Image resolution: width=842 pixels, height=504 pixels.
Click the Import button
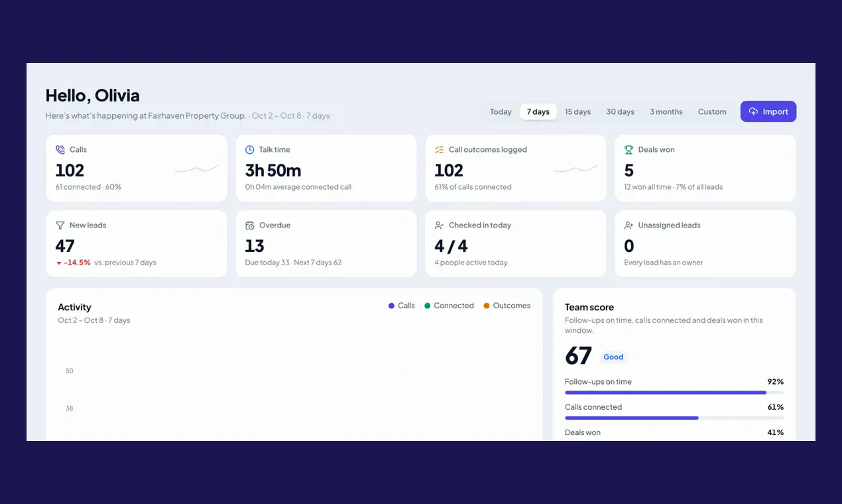tap(768, 111)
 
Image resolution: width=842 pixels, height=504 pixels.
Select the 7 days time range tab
tap(538, 111)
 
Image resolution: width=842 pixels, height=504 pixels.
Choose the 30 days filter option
tap(620, 111)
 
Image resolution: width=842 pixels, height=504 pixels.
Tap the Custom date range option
tap(712, 111)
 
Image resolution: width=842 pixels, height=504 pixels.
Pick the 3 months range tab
tap(666, 111)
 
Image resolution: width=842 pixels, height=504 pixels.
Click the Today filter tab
tap(501, 111)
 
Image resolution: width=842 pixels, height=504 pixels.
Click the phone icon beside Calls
tap(60, 150)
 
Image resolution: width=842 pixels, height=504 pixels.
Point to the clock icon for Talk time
tap(249, 150)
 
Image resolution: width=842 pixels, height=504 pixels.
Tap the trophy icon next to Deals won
tap(629, 150)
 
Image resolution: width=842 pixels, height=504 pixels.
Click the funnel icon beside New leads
tap(60, 225)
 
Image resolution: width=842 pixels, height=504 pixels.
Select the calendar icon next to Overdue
tap(249, 225)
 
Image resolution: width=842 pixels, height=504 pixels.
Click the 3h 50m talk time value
tap(273, 170)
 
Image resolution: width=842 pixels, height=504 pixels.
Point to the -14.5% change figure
tap(77, 263)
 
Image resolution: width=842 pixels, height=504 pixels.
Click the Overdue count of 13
tap(255, 246)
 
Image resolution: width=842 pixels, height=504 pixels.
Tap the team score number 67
tap(578, 356)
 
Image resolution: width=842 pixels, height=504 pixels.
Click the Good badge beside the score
tap(613, 357)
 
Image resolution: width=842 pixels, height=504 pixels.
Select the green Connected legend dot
tap(427, 306)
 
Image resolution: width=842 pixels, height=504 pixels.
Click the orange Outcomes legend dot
tap(487, 306)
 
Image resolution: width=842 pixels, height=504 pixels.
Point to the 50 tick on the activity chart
tap(70, 371)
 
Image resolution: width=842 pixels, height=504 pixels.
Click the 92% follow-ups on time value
tap(776, 382)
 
